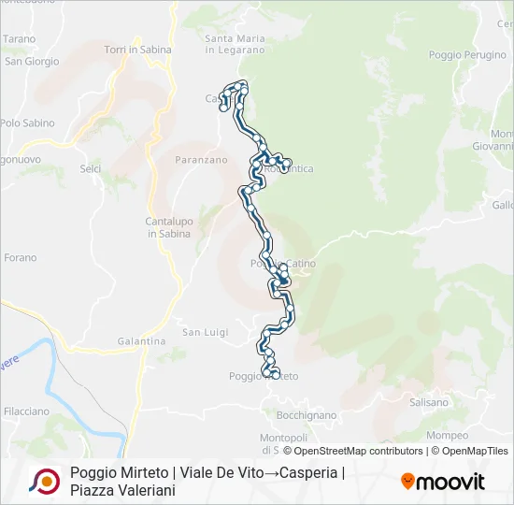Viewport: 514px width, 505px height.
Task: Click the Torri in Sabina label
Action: tap(136, 50)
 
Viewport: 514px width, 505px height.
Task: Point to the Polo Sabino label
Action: tap(27, 123)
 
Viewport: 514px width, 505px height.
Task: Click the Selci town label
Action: tap(91, 168)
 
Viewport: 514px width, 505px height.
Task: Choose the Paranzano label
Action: tap(201, 160)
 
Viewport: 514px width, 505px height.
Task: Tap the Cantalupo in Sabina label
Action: tap(169, 227)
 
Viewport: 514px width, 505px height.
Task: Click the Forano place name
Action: tap(20, 258)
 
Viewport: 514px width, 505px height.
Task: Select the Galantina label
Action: tap(142, 341)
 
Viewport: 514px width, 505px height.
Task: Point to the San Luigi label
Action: tap(205, 332)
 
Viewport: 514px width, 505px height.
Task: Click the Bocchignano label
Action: tap(307, 414)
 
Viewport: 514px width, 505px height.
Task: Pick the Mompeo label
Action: tap(447, 436)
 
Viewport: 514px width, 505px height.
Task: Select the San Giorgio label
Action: tap(33, 62)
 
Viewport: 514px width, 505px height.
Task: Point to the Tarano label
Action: tap(19, 39)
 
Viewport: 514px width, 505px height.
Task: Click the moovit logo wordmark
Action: tap(443, 482)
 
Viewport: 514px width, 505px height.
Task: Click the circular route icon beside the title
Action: tap(44, 481)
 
